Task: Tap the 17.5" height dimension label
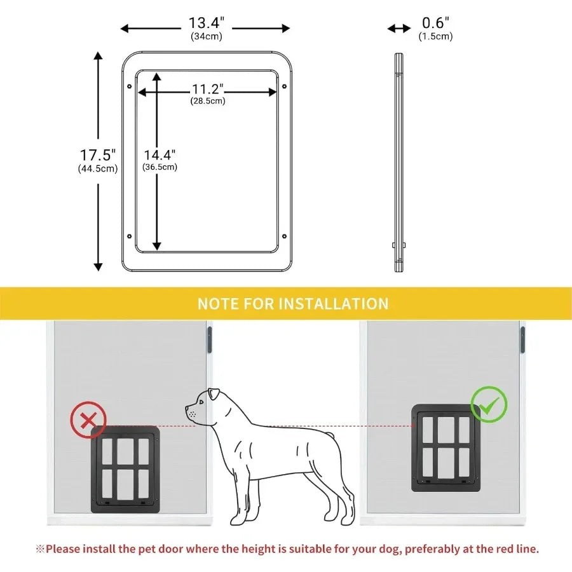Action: coord(98,154)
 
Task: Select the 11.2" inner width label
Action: coord(207,89)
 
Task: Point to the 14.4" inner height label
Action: coord(160,154)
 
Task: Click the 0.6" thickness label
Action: coord(435,23)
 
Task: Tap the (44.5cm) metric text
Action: coord(98,168)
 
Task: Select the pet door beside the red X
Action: coord(125,469)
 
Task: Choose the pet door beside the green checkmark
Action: coord(445,447)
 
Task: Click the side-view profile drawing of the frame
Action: coord(398,162)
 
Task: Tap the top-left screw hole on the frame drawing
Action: coord(130,86)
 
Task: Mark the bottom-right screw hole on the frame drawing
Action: coord(284,236)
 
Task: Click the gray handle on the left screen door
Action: coord(209,339)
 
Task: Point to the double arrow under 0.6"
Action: coord(400,28)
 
